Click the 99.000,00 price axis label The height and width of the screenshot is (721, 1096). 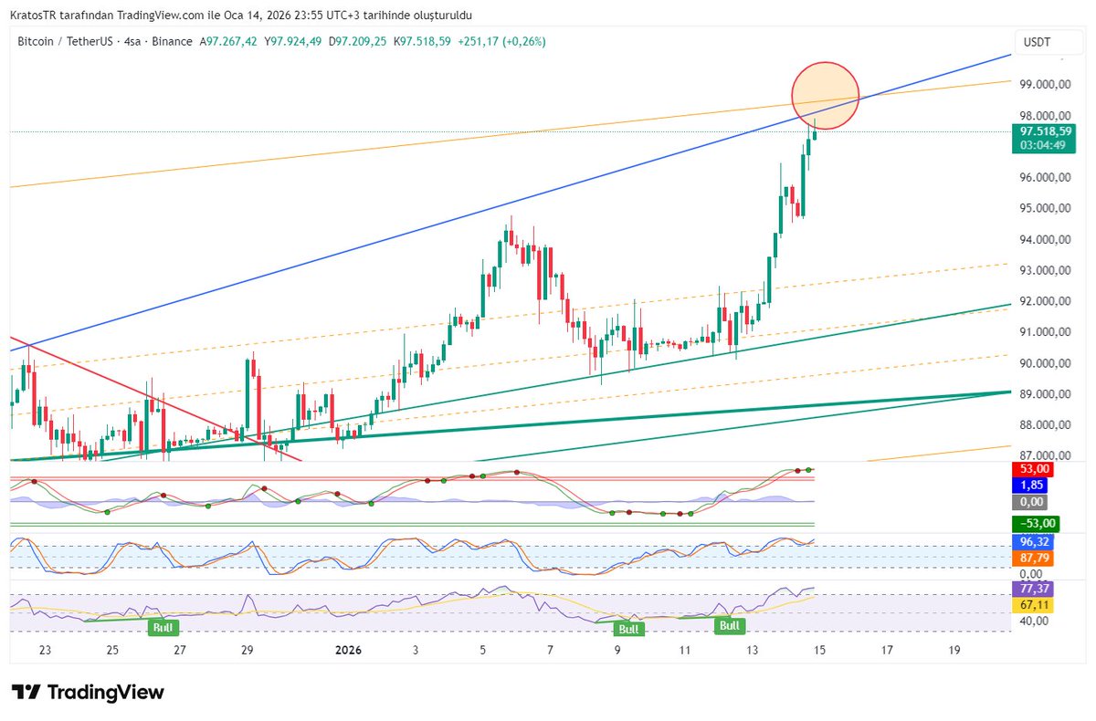[x=1046, y=85]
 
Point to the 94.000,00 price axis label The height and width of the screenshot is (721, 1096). [x=1046, y=240]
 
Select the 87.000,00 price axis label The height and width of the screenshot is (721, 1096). [x=1046, y=455]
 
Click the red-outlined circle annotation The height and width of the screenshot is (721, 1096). [x=825, y=97]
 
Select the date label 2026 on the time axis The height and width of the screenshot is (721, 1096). [x=349, y=650]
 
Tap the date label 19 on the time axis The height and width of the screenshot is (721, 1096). [x=954, y=650]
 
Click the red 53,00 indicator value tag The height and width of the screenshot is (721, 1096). [x=1034, y=469]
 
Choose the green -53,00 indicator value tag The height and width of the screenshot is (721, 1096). [x=1037, y=523]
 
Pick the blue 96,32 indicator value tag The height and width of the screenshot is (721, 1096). [x=1034, y=541]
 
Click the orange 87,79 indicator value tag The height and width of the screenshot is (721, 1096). [x=1034, y=557]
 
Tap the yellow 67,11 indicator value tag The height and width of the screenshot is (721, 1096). [x=1034, y=605]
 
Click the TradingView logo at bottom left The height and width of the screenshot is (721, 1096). [x=88, y=693]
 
